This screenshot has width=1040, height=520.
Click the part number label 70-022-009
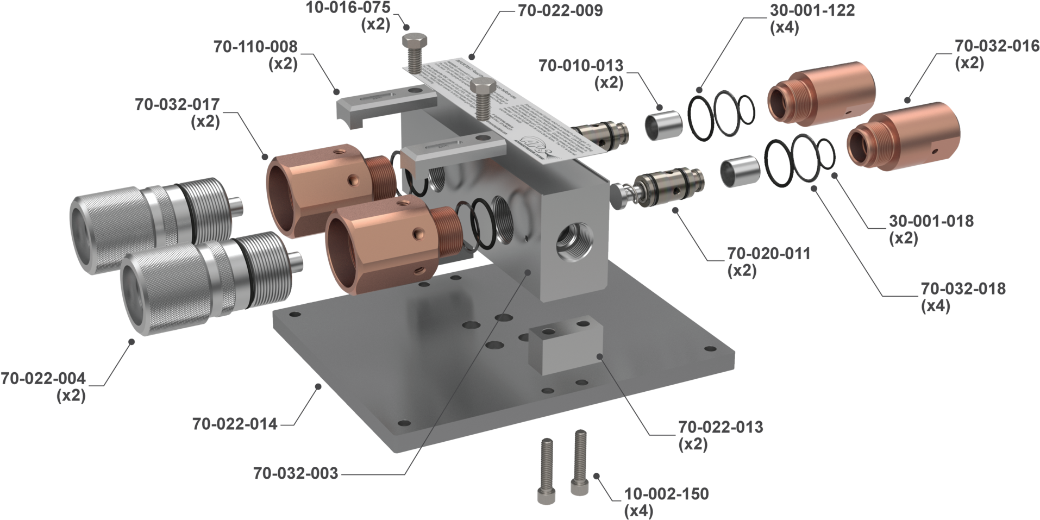pos(560,11)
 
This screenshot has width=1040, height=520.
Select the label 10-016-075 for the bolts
pos(348,8)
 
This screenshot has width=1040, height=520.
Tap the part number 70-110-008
pos(255,47)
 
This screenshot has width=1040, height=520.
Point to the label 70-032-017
pos(177,104)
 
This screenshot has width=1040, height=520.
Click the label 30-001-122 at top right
pos(812,10)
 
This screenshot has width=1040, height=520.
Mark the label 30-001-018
pos(931,221)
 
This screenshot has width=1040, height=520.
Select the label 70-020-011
pos(769,253)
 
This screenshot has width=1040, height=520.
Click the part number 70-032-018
pos(963,289)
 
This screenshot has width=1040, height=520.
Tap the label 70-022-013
pos(721,427)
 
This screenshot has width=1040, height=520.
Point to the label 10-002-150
pos(667,494)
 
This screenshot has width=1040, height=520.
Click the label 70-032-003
pos(295,473)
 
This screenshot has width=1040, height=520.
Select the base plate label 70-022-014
pos(235,424)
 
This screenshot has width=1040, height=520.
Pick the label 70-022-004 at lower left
pos(43,378)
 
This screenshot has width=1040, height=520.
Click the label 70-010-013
pos(581,66)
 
